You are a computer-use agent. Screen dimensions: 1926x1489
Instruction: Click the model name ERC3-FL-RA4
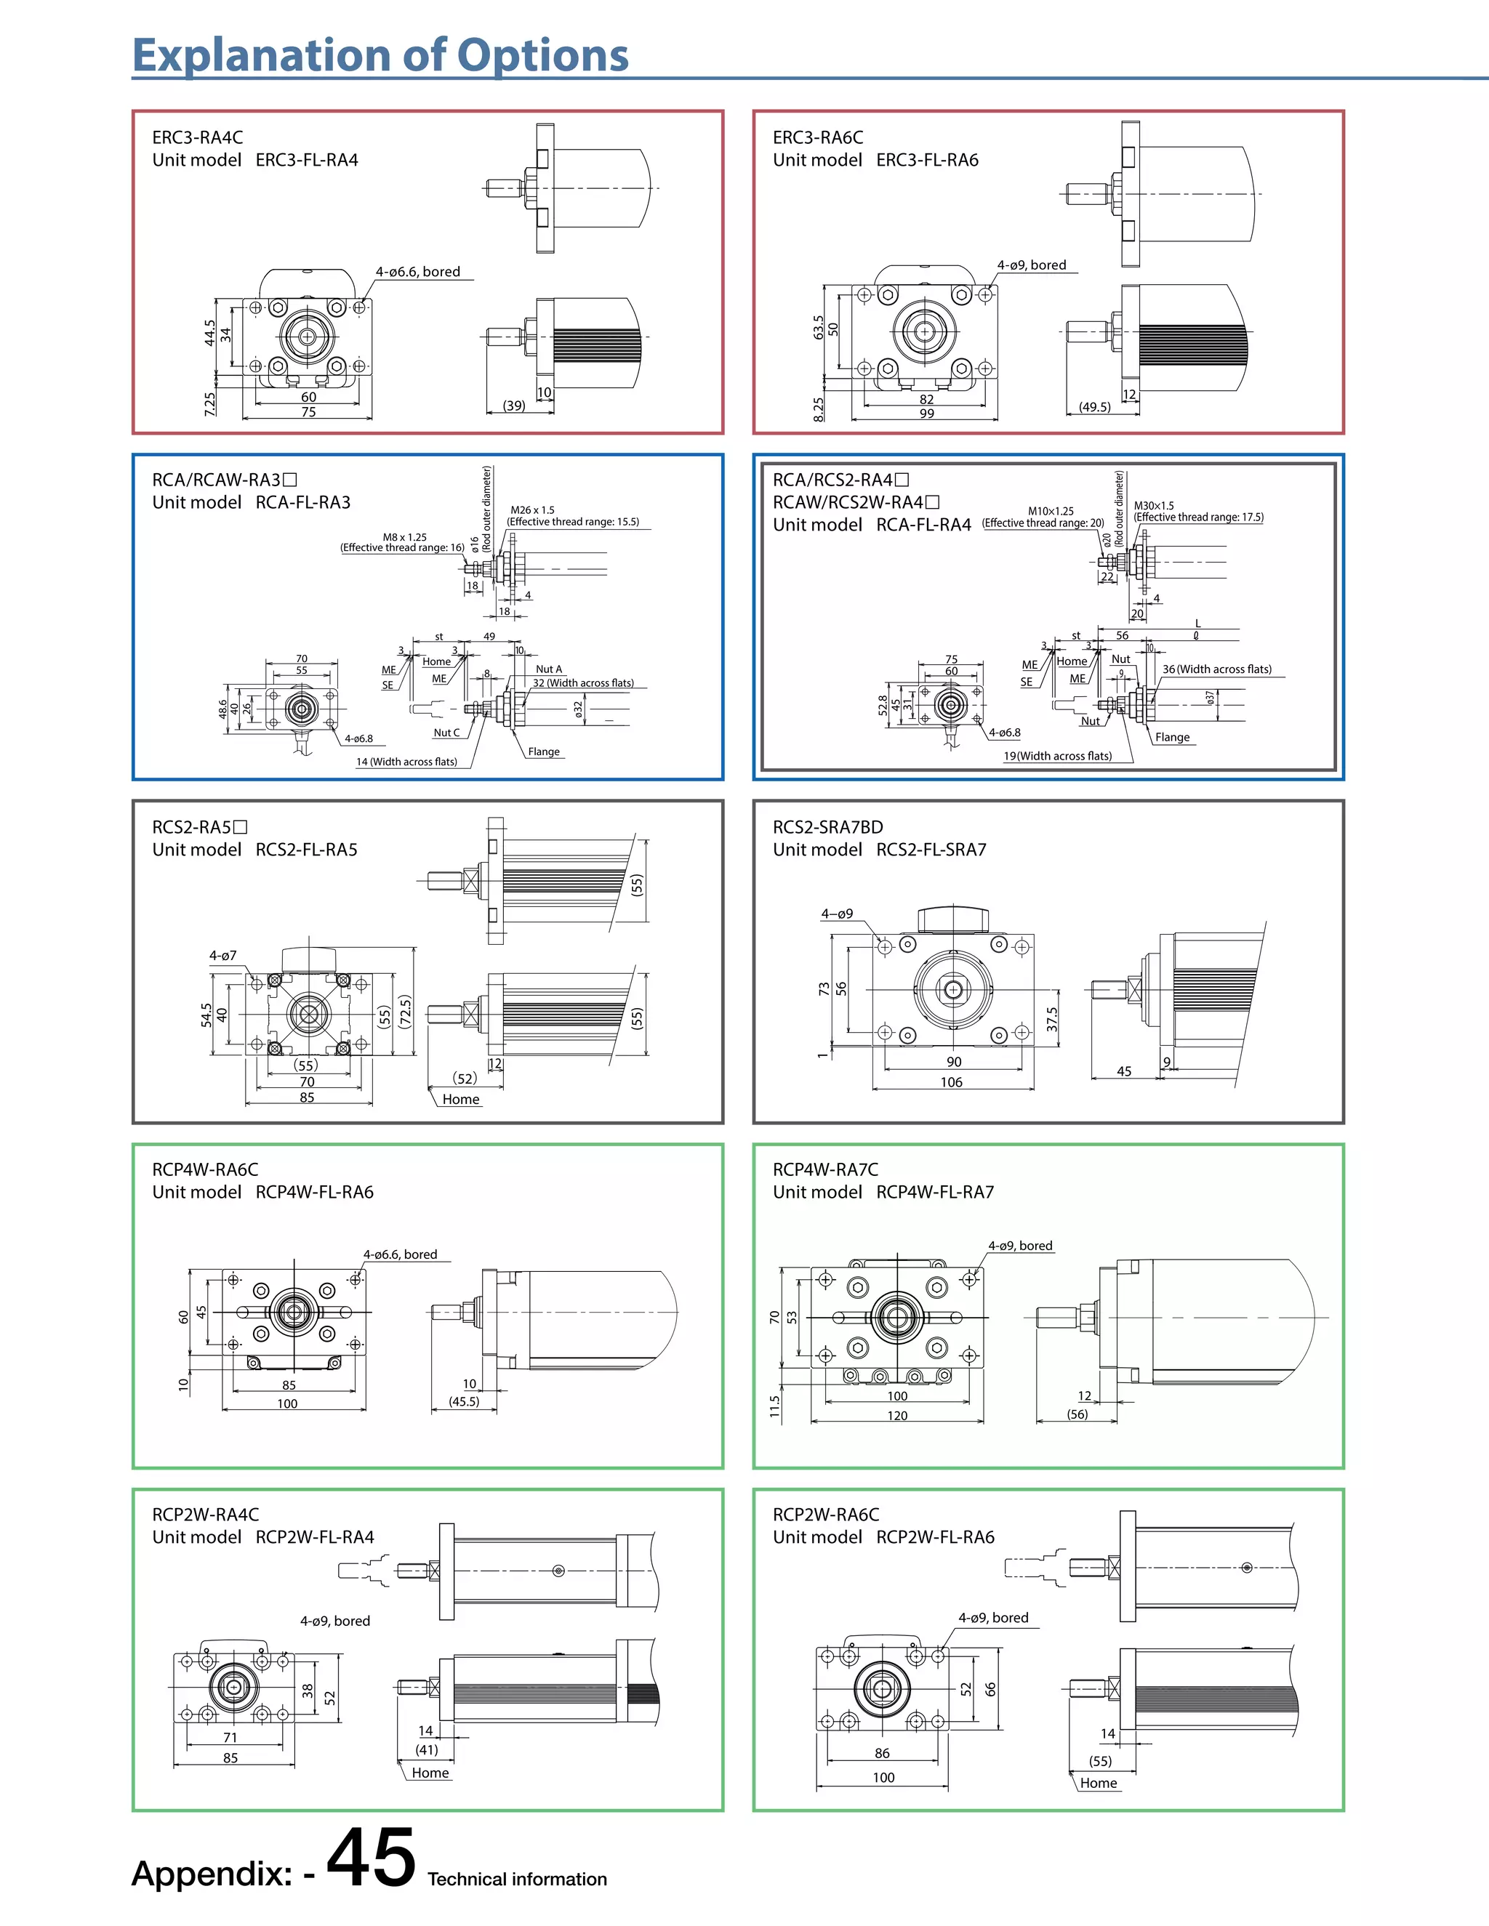[306, 161]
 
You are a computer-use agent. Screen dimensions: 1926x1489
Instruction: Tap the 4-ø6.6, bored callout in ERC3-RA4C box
[418, 272]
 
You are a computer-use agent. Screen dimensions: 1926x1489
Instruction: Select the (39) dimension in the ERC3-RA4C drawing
[513, 406]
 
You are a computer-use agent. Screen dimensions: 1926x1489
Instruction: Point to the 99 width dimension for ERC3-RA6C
[926, 414]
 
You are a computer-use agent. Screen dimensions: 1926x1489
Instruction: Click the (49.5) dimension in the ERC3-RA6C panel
[1095, 408]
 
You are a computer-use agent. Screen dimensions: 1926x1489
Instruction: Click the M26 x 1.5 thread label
[532, 509]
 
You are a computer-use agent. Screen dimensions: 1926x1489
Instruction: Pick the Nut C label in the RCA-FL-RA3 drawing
[446, 733]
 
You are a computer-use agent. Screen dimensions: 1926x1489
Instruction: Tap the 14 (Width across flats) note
[406, 762]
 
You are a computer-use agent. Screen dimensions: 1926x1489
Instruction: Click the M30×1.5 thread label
[1154, 505]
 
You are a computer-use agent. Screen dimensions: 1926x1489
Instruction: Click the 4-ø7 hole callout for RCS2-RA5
[222, 955]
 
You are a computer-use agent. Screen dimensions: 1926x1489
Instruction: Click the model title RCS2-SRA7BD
[827, 827]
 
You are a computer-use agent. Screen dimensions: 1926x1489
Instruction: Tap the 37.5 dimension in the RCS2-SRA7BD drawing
[1051, 1020]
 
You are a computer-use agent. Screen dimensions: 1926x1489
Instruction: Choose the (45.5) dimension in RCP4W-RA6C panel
[464, 1401]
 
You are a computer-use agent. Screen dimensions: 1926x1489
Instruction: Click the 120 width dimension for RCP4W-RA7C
[897, 1415]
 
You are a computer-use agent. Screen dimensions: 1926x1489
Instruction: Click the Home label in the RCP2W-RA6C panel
[1099, 1783]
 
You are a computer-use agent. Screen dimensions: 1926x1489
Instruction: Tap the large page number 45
[372, 1859]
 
